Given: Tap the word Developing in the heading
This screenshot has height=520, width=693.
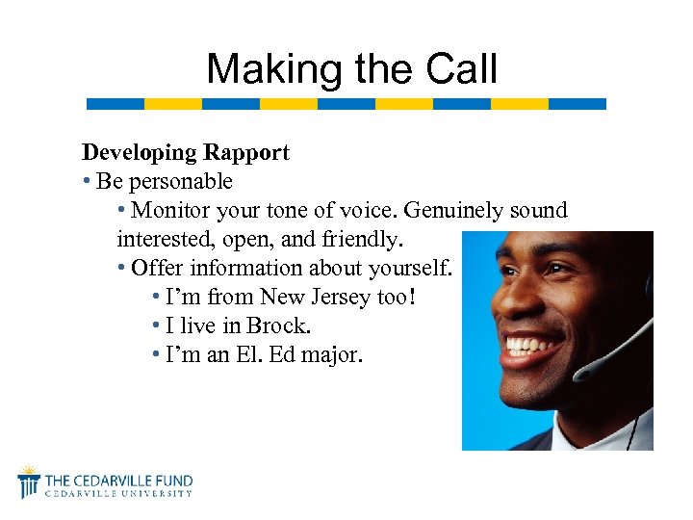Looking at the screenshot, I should [137, 152].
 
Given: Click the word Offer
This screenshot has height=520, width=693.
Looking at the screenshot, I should [157, 269].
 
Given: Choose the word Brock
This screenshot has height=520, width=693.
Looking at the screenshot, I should [279, 326].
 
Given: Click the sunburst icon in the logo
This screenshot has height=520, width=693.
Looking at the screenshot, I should [30, 480].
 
